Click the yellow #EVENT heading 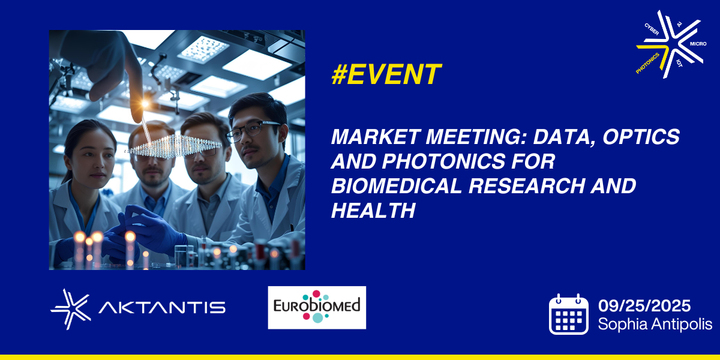(386, 74)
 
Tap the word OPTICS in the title (641, 137)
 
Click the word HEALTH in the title (373, 211)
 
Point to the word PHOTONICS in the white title (469, 161)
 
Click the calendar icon (569, 314)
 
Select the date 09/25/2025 (644, 305)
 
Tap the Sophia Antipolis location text (655, 323)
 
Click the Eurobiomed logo (317, 308)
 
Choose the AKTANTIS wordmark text (162, 308)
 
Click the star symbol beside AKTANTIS (71, 309)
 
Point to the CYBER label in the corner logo (652, 29)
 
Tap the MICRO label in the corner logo (698, 44)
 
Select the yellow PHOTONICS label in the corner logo (647, 64)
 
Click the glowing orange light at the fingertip (145, 103)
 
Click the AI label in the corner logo (679, 24)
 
